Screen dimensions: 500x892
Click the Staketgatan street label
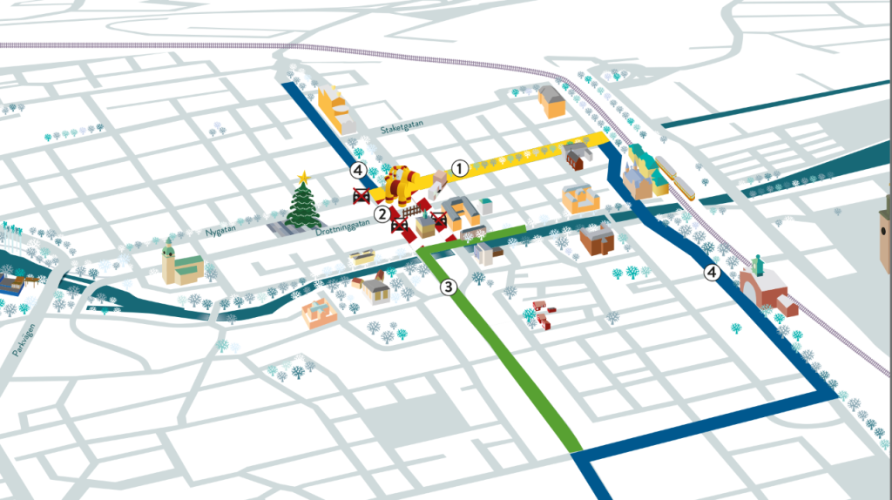(x=403, y=128)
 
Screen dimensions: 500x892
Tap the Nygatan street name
(x=221, y=233)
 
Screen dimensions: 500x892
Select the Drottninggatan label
(x=343, y=222)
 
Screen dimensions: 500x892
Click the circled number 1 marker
(x=459, y=168)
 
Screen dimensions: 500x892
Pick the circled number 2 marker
(x=382, y=213)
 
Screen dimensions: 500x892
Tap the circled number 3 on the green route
(x=448, y=286)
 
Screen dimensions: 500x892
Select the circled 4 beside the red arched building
(x=713, y=274)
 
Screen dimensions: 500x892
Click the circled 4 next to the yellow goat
(x=357, y=170)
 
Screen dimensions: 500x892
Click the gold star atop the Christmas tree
(x=303, y=178)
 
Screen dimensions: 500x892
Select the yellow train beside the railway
(x=678, y=179)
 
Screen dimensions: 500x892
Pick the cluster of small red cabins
(x=542, y=314)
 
